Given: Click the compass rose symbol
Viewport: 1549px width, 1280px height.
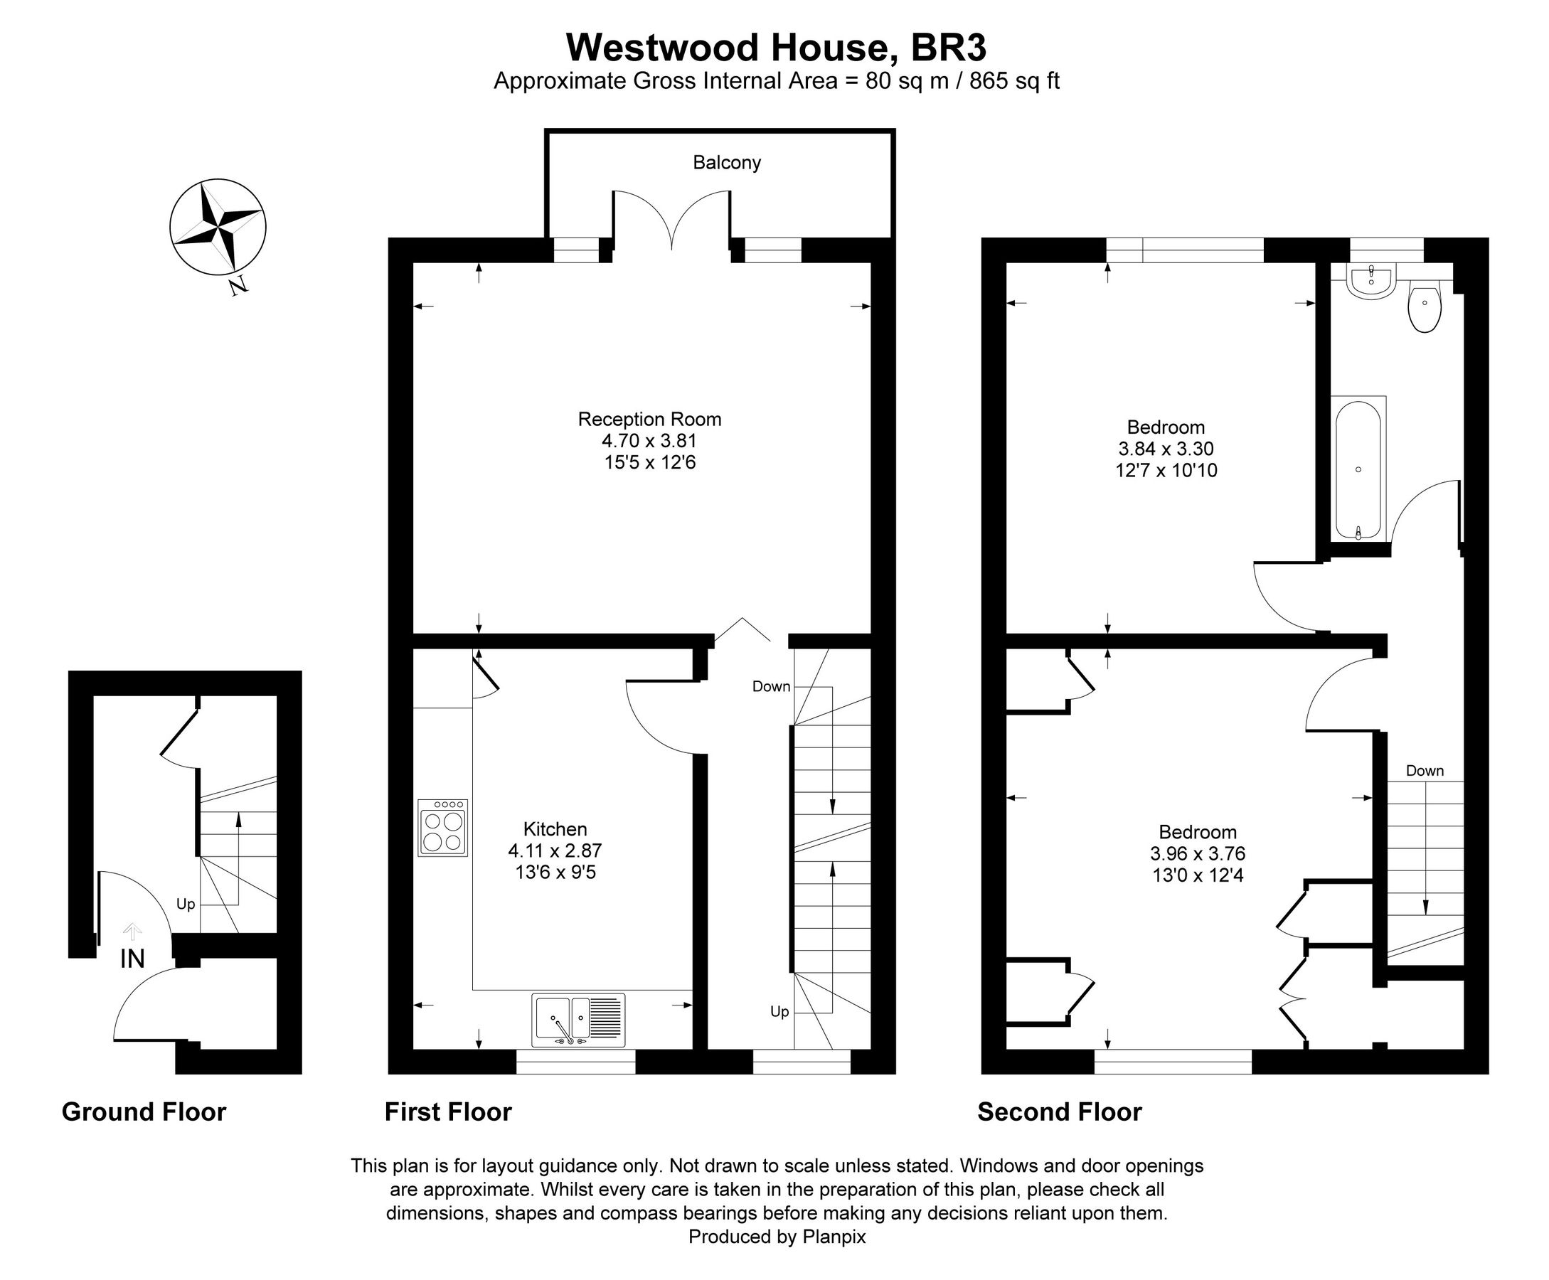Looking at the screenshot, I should [218, 226].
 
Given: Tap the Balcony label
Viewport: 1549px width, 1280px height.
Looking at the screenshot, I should [726, 162].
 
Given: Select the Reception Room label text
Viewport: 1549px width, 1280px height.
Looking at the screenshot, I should [649, 419].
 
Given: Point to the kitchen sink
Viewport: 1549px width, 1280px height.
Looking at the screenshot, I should [578, 1020].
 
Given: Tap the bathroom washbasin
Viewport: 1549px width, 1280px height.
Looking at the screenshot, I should [1370, 284].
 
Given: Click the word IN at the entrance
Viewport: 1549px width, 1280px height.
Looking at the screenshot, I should [133, 959].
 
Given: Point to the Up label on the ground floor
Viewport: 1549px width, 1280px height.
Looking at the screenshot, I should [186, 903].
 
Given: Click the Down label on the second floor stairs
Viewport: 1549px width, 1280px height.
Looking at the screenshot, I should [1425, 771].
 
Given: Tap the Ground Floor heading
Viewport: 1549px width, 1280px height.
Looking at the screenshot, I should [144, 1111].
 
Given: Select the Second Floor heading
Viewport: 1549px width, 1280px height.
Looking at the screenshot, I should [1059, 1111].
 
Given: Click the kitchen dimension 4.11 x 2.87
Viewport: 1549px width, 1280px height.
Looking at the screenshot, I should [555, 851].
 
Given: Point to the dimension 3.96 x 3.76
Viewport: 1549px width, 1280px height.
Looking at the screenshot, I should [1198, 854].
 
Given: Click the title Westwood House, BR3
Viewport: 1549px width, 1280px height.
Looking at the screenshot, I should [776, 48].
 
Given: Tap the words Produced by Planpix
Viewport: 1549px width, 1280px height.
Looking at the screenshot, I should [777, 1237].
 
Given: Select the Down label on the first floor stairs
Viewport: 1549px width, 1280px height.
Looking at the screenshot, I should [771, 686].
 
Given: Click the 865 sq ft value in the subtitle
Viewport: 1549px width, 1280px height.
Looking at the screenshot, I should [1014, 81].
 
